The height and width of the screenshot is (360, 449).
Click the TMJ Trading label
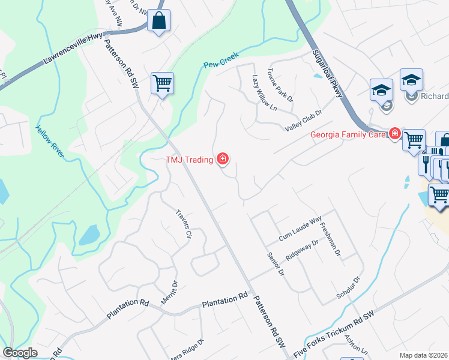click(190, 159)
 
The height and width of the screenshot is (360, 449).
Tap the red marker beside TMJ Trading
click(223, 159)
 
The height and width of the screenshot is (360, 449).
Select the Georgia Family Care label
click(348, 134)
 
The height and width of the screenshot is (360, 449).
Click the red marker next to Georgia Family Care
click(394, 133)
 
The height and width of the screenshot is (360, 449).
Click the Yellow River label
click(50, 142)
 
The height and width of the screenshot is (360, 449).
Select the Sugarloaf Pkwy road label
click(328, 74)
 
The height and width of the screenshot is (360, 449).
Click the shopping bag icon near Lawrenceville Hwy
click(159, 21)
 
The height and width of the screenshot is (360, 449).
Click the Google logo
click(20, 353)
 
